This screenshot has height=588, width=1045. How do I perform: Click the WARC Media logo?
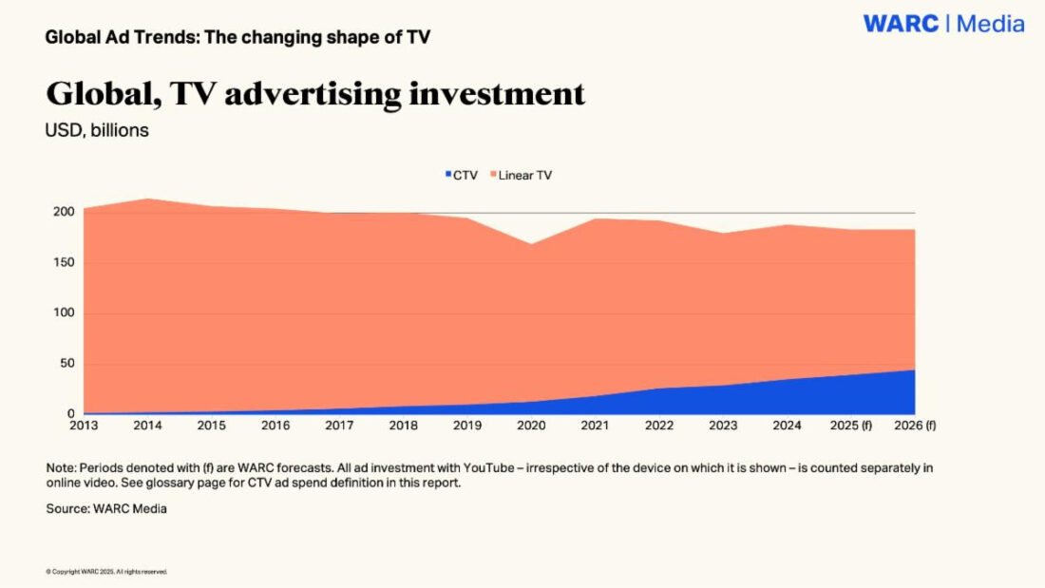coord(943,24)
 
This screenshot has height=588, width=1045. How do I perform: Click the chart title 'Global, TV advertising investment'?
coord(315,94)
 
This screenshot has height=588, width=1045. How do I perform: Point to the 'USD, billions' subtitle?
coord(97,131)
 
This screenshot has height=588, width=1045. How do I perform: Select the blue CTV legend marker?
coord(448,176)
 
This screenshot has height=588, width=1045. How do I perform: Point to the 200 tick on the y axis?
coord(62,212)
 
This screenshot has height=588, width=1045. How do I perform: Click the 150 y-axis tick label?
coord(62,262)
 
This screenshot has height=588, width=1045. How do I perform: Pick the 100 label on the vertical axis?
coord(62,313)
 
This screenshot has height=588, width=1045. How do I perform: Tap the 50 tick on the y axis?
coord(66,364)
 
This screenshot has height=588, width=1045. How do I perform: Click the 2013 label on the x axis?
coord(84,426)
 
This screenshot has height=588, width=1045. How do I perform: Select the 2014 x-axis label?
coord(147,426)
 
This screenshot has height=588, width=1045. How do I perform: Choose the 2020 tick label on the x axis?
coord(531,426)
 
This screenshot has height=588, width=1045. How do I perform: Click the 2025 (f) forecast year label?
coord(851,426)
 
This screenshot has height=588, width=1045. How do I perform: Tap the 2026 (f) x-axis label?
coord(915,426)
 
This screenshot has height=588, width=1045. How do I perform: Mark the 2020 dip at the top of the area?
coord(531,244)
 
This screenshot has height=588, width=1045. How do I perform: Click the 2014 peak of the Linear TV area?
coord(148,199)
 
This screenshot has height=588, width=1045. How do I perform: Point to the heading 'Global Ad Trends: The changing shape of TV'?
coord(238,38)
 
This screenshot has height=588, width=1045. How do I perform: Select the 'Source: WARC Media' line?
coord(106,509)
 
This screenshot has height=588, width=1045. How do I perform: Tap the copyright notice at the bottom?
coord(106,572)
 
